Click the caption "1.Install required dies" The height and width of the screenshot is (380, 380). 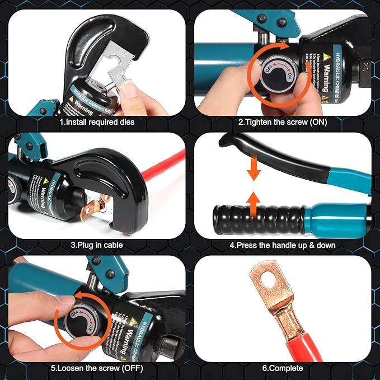click(96, 121)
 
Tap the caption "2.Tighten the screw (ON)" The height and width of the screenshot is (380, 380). click(283, 121)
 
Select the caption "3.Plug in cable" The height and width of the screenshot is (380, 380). click(96, 244)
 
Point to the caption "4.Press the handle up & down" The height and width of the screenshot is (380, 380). click(283, 244)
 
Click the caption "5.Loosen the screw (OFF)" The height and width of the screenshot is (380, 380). click(96, 368)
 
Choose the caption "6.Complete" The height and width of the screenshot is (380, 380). click(283, 368)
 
